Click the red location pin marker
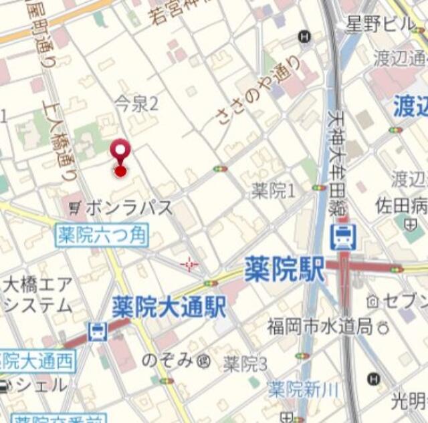point(120,154)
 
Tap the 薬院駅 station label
point(284,269)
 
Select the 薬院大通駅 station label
point(169,307)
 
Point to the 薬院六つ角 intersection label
point(102,236)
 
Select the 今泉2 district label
point(136,103)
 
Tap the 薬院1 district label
point(274,191)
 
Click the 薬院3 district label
point(245,364)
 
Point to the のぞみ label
point(167,361)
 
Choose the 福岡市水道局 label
point(320,327)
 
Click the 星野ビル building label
point(380,25)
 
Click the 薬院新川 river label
point(295,388)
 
